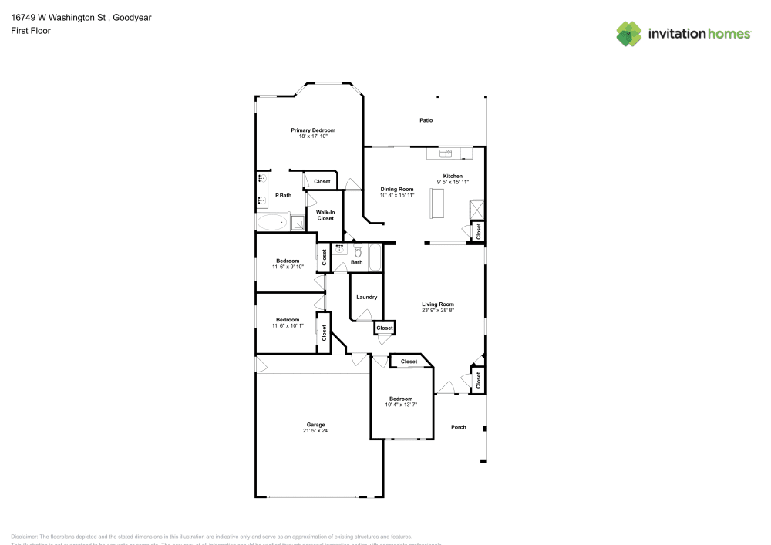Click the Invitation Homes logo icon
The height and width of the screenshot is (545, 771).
tap(629, 33)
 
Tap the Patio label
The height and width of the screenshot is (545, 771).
tap(426, 120)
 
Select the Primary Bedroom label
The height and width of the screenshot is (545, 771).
tap(313, 130)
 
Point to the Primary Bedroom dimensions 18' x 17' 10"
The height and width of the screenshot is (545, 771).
tap(313, 136)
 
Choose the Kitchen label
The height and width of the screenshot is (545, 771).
tap(453, 176)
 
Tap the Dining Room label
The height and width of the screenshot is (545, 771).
tap(397, 189)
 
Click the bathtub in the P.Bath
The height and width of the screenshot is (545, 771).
tap(271, 223)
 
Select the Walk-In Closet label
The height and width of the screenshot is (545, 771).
tap(325, 215)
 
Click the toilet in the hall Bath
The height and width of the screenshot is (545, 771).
tap(358, 251)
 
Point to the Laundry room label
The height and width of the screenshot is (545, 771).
tap(366, 297)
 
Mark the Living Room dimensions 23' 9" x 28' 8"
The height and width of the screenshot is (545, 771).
tap(438, 311)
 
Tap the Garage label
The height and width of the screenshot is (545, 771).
tap(316, 425)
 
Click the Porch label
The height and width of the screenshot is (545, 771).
tap(459, 427)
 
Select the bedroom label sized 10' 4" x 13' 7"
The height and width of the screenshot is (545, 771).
tap(400, 399)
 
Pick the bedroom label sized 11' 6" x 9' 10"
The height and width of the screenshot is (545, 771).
tap(288, 261)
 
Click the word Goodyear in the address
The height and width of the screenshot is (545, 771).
tap(130, 17)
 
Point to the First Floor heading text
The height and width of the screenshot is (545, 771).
tap(31, 30)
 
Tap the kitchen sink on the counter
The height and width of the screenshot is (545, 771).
tap(445, 153)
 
